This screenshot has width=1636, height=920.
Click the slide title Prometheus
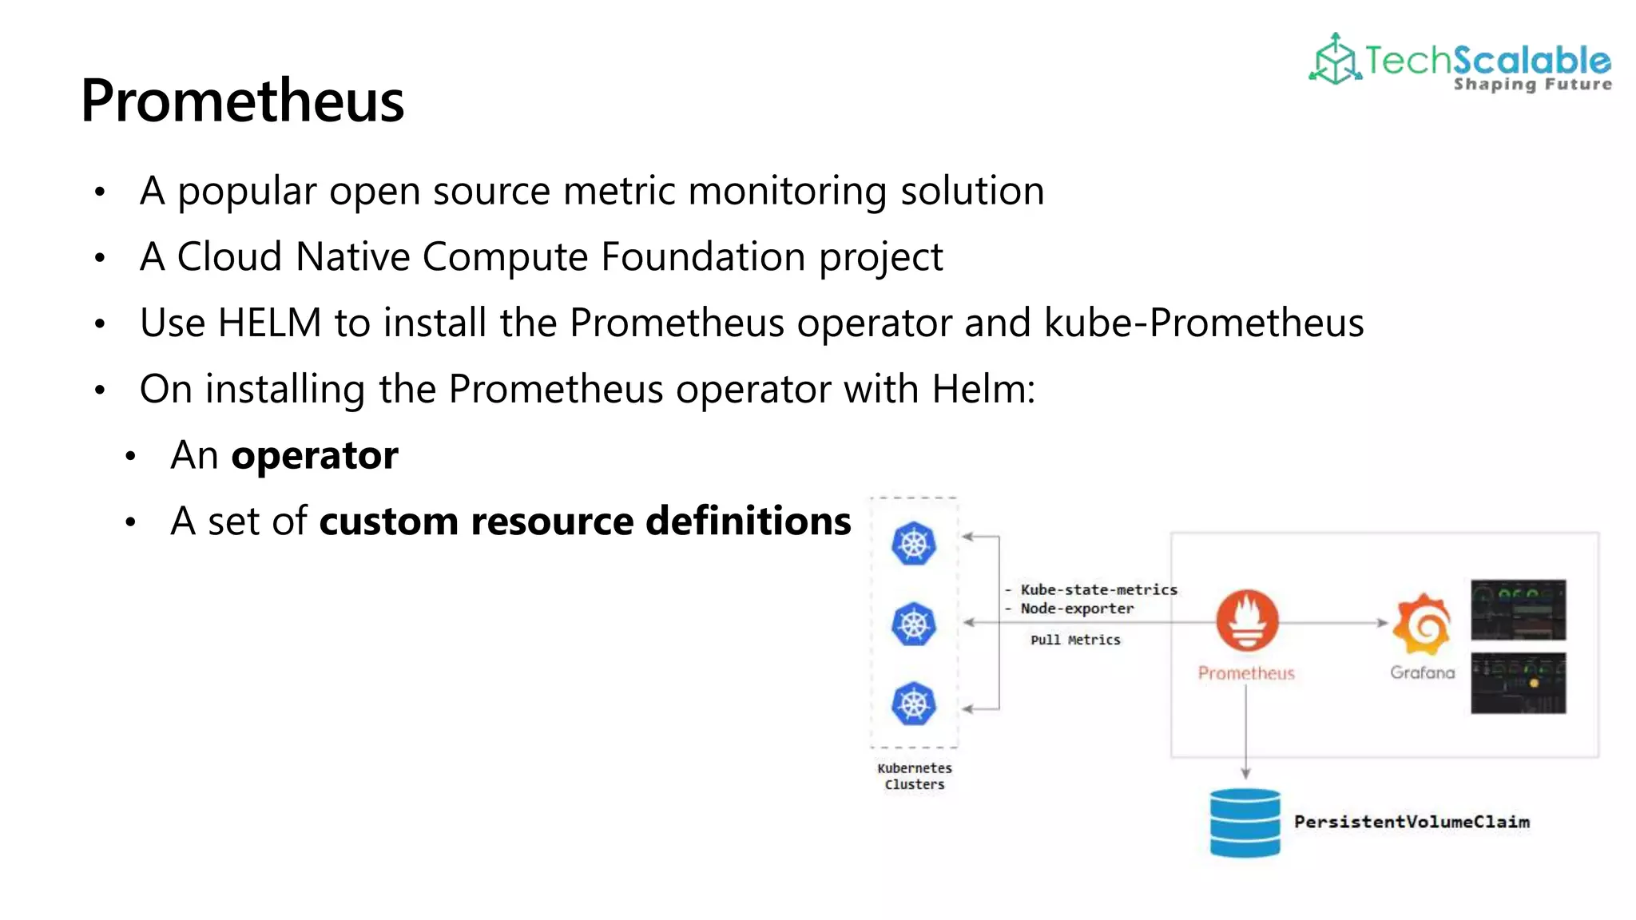(x=242, y=101)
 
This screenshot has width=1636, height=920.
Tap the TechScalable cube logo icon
(x=1335, y=59)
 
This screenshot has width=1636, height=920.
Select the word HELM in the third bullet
(x=269, y=323)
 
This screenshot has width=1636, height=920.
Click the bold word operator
(x=315, y=456)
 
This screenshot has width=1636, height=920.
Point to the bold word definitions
(x=748, y=521)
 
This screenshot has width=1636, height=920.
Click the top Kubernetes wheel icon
(x=913, y=545)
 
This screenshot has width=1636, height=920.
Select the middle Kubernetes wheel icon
(x=913, y=625)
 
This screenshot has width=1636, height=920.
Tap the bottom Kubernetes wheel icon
(x=913, y=704)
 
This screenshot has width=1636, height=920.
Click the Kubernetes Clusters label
(x=915, y=776)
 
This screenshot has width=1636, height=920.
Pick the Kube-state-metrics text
(x=1098, y=590)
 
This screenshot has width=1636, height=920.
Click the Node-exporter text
(x=1077, y=609)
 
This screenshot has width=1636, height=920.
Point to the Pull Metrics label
(x=1075, y=640)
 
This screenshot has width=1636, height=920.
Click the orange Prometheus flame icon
(x=1246, y=621)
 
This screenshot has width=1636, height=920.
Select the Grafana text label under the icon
(x=1422, y=672)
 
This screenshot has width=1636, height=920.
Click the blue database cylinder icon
(x=1245, y=823)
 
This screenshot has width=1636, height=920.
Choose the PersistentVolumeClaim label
(x=1412, y=822)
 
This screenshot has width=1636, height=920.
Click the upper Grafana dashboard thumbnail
(x=1518, y=609)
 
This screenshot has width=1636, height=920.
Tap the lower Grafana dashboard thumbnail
(x=1518, y=683)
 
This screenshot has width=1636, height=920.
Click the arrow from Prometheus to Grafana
(x=1334, y=622)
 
